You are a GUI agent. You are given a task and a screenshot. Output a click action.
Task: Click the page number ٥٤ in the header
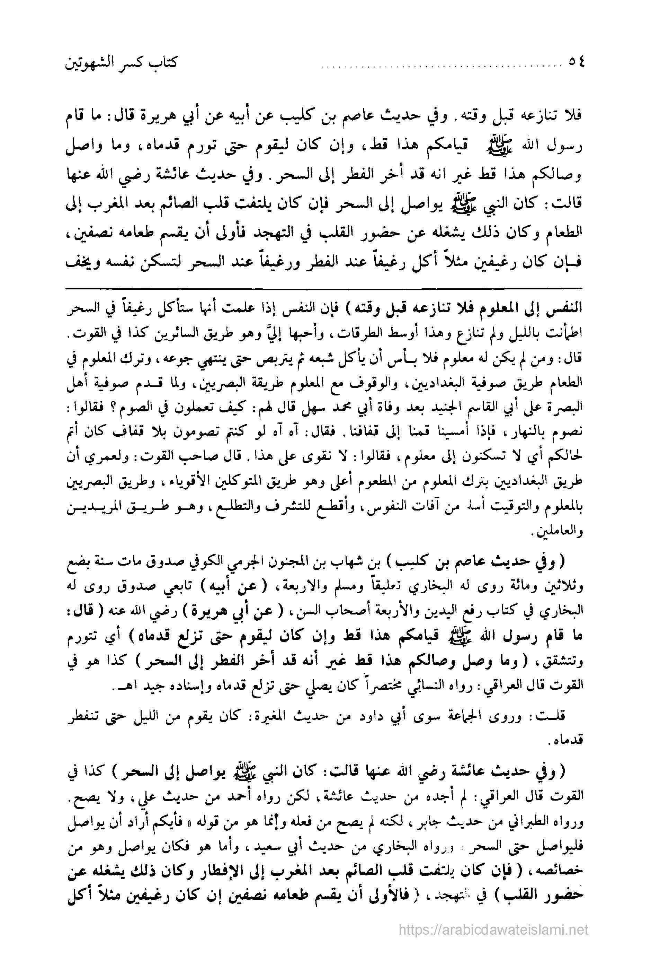pyautogui.click(x=574, y=63)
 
